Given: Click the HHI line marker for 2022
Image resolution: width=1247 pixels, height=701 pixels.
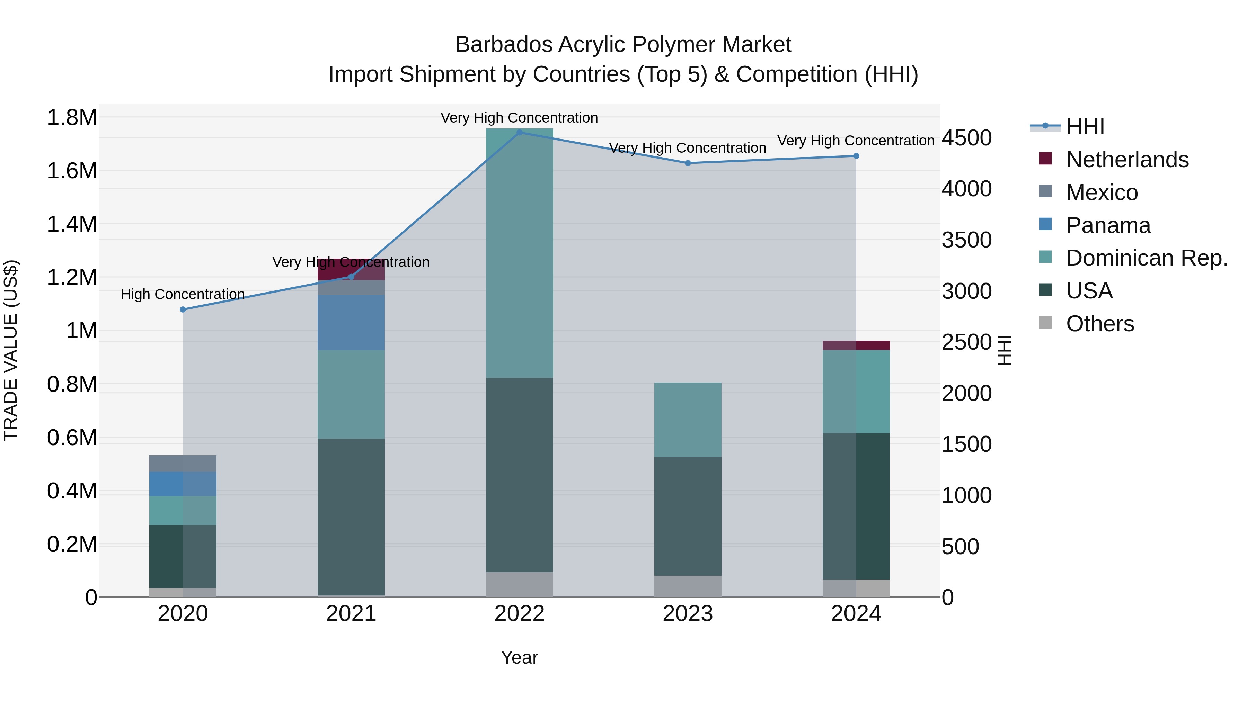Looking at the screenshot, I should pos(520,132).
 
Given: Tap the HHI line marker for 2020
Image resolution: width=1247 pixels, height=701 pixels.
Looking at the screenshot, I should pos(183,309).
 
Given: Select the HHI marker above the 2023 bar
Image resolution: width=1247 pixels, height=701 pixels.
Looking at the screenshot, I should pos(688,163).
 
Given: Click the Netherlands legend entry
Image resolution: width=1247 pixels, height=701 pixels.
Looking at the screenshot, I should pos(1127,160).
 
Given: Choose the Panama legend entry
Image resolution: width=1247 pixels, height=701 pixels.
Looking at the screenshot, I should pos(1108,225).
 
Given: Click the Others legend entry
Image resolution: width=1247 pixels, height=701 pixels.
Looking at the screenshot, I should pos(1100,324).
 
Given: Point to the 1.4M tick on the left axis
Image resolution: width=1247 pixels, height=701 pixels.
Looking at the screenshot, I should pos(72,224).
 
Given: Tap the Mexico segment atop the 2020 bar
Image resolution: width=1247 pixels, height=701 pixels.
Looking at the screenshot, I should pos(183,464).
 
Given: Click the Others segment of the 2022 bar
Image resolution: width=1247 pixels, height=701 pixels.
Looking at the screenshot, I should pos(520,584).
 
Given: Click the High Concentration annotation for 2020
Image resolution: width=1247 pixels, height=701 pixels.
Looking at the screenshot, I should pos(183,294).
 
